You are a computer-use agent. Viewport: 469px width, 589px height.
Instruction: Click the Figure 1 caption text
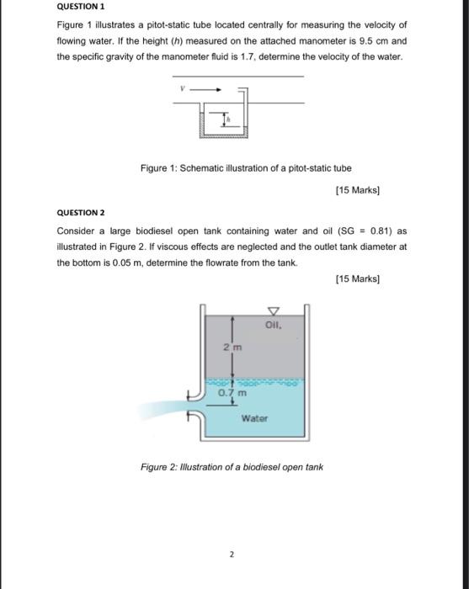click(246, 168)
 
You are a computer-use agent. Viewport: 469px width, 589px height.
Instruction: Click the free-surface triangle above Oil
click(271, 310)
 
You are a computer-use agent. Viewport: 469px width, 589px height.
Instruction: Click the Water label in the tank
click(254, 418)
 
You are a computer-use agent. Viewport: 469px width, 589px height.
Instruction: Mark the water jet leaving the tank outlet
click(164, 410)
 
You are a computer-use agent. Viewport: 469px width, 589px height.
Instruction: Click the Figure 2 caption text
click(232, 467)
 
